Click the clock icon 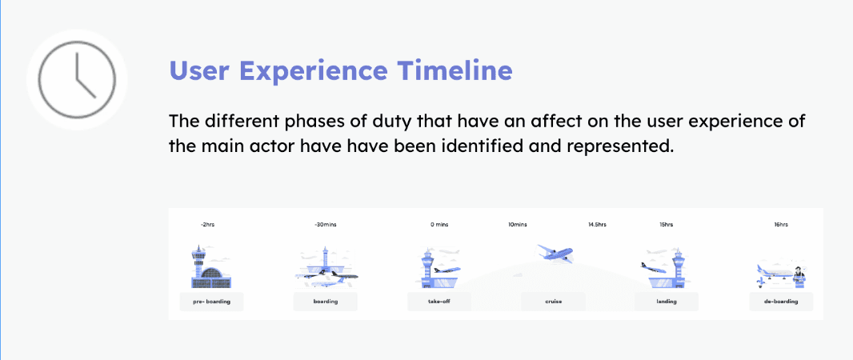(x=77, y=80)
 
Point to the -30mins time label (x=326, y=225)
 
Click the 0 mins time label (x=439, y=225)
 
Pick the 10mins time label (x=517, y=225)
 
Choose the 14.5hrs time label (x=597, y=225)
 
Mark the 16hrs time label (x=781, y=225)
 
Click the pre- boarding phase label (x=211, y=302)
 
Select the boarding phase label (x=326, y=302)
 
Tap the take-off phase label (x=439, y=302)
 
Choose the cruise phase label (x=553, y=302)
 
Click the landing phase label (x=667, y=302)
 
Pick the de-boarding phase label (x=781, y=302)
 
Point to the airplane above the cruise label (x=555, y=252)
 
